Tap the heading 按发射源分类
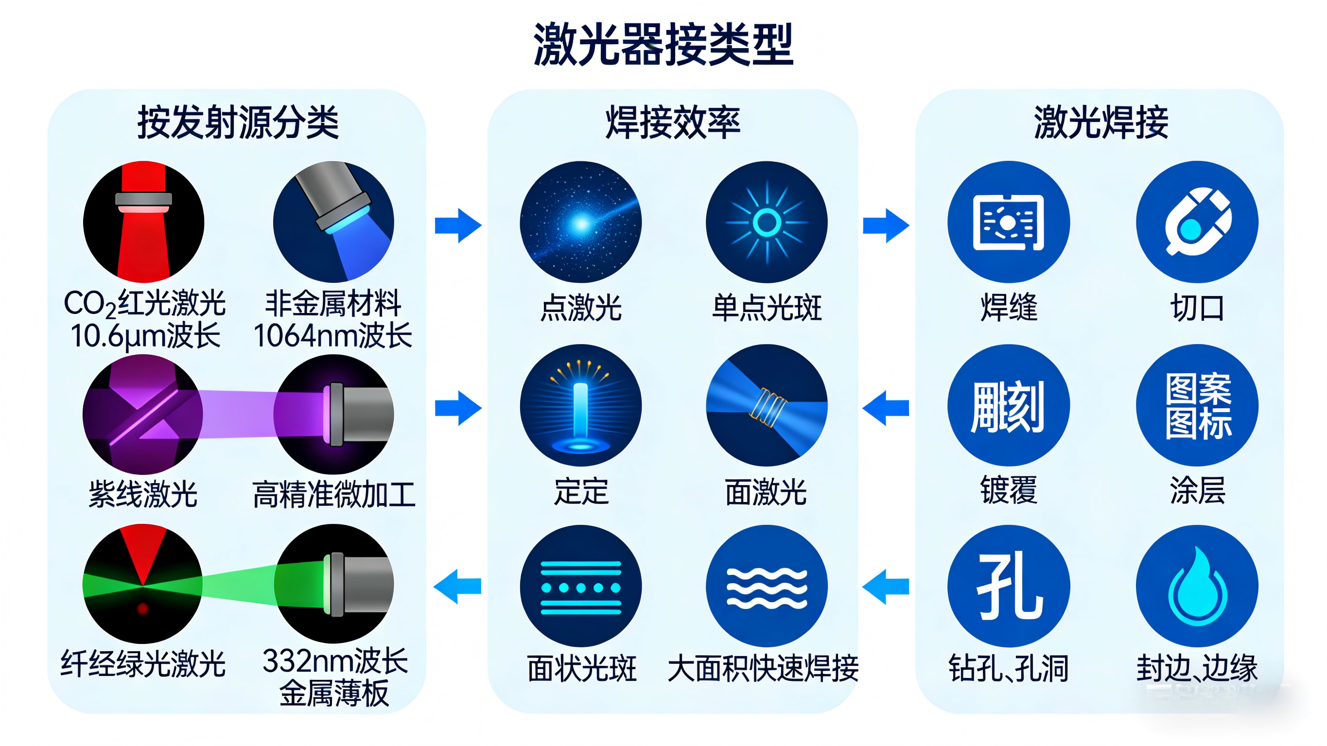pyautogui.click(x=238, y=122)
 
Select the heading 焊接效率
pyautogui.click(x=672, y=122)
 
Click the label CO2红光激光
pyautogui.click(x=144, y=303)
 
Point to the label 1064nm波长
pyautogui.click(x=333, y=336)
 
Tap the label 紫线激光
pyautogui.click(x=143, y=494)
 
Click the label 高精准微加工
pyautogui.click(x=334, y=494)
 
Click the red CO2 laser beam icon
pyautogui.click(x=144, y=222)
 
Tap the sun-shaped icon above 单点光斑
pyautogui.click(x=767, y=222)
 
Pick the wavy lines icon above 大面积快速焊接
pyautogui.click(x=767, y=586)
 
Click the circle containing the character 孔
pyautogui.click(x=1008, y=586)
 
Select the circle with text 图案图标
pyautogui.click(x=1197, y=405)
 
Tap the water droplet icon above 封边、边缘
pyautogui.click(x=1197, y=586)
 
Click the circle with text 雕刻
pyautogui.click(x=1008, y=405)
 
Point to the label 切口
pyautogui.click(x=1197, y=308)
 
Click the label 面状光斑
pyautogui.click(x=581, y=668)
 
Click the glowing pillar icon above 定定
pyautogui.click(x=580, y=405)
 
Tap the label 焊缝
pyautogui.click(x=1009, y=308)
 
